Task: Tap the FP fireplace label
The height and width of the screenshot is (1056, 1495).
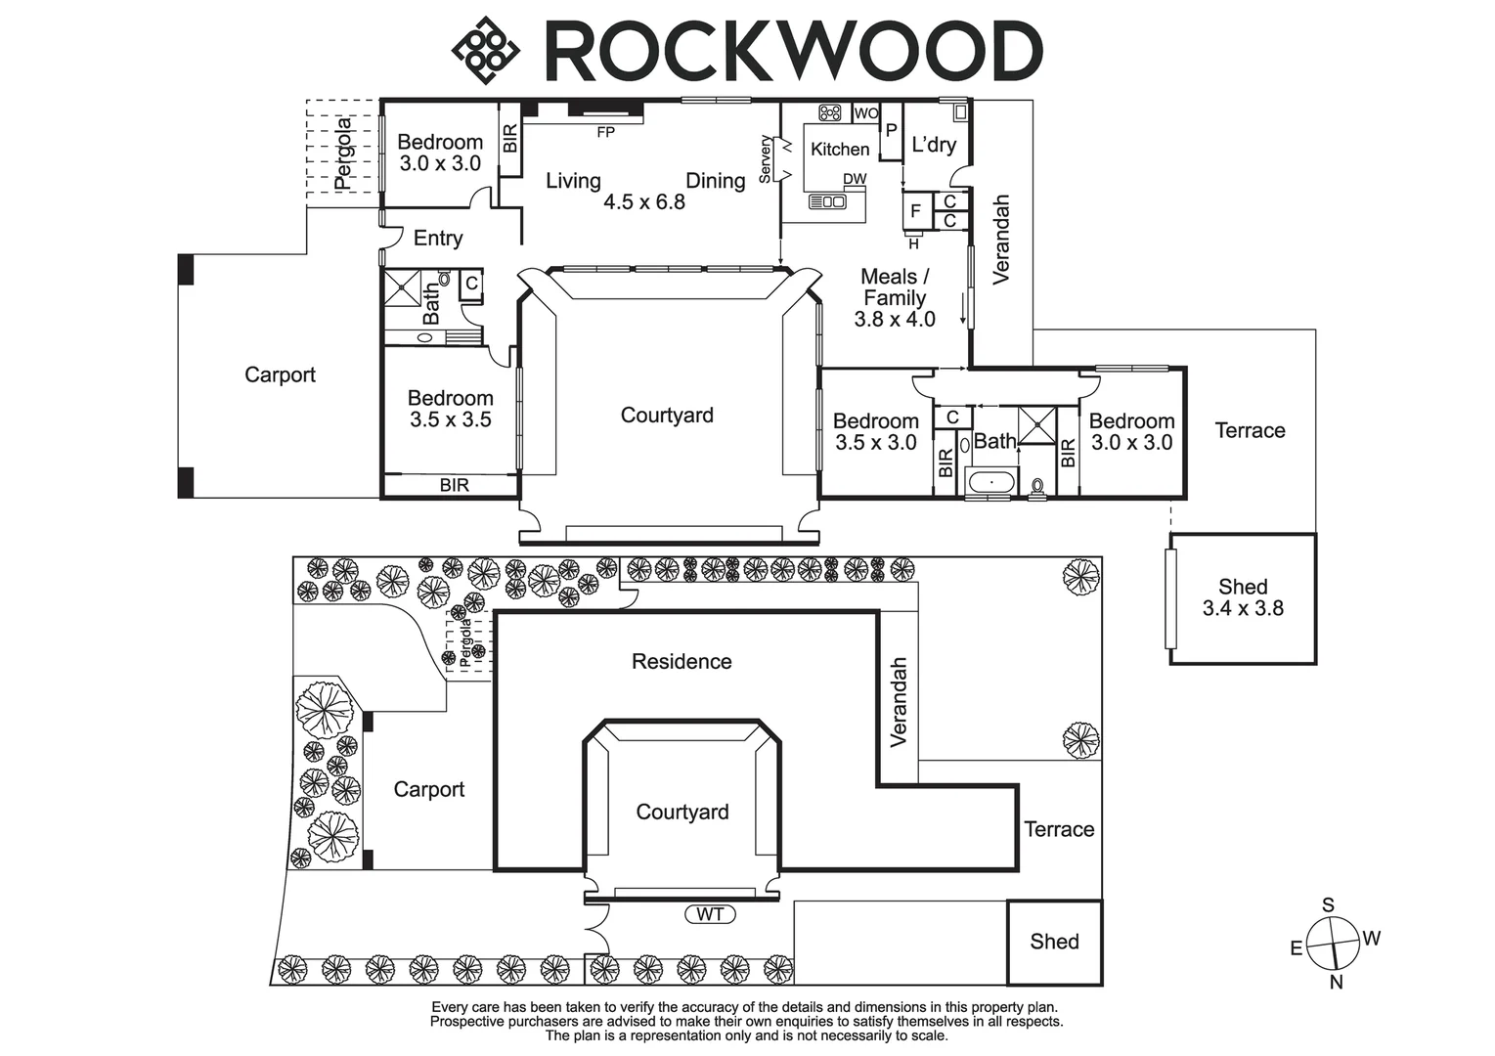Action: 605,132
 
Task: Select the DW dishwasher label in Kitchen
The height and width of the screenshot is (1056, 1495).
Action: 855,179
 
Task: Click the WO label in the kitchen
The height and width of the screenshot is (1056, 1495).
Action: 865,113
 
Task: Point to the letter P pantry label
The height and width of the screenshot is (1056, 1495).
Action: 891,130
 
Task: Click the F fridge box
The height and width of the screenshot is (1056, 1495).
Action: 915,210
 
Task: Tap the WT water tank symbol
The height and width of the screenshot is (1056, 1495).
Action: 710,914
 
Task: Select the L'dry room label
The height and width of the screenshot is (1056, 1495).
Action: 933,145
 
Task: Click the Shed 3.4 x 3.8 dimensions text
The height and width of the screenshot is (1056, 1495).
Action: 1243,608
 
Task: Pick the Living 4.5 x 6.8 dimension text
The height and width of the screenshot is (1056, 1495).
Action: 643,202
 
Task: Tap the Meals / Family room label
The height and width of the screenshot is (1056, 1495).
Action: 894,287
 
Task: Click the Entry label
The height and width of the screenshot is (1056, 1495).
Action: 437,238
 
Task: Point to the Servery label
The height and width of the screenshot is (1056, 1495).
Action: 766,158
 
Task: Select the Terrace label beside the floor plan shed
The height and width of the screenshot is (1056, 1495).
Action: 1250,430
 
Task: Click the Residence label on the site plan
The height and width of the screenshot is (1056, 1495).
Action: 682,662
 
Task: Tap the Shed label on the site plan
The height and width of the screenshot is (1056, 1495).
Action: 1054,942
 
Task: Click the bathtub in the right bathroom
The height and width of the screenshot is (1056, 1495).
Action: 991,482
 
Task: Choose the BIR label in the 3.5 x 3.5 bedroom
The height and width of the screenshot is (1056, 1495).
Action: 454,485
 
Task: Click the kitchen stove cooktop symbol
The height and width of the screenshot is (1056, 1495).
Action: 830,113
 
